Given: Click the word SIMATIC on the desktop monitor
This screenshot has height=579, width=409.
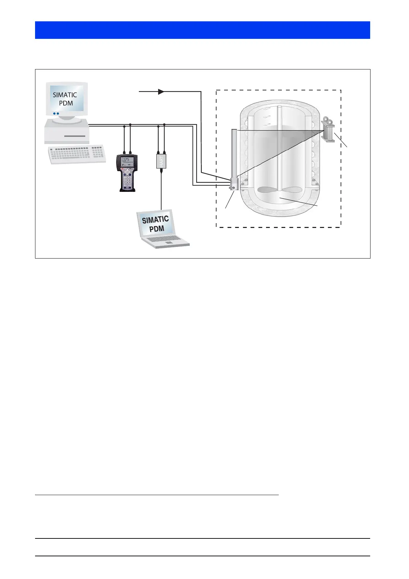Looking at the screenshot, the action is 65,95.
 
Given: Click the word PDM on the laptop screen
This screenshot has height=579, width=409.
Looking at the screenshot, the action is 157,229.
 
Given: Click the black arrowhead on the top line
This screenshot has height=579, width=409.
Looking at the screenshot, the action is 161,92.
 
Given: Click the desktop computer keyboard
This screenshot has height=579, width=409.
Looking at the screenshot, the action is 77,154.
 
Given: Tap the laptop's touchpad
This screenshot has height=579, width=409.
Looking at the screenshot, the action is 169,242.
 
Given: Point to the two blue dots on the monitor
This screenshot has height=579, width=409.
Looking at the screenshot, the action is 56,113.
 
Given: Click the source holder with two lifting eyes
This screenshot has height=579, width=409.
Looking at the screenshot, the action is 328,130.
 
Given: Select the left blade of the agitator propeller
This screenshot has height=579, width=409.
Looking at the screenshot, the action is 268,190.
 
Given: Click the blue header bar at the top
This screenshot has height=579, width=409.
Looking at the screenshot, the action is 202,30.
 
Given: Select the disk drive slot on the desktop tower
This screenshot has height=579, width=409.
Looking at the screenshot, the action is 75,136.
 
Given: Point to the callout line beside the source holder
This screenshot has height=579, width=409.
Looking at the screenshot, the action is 341,140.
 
